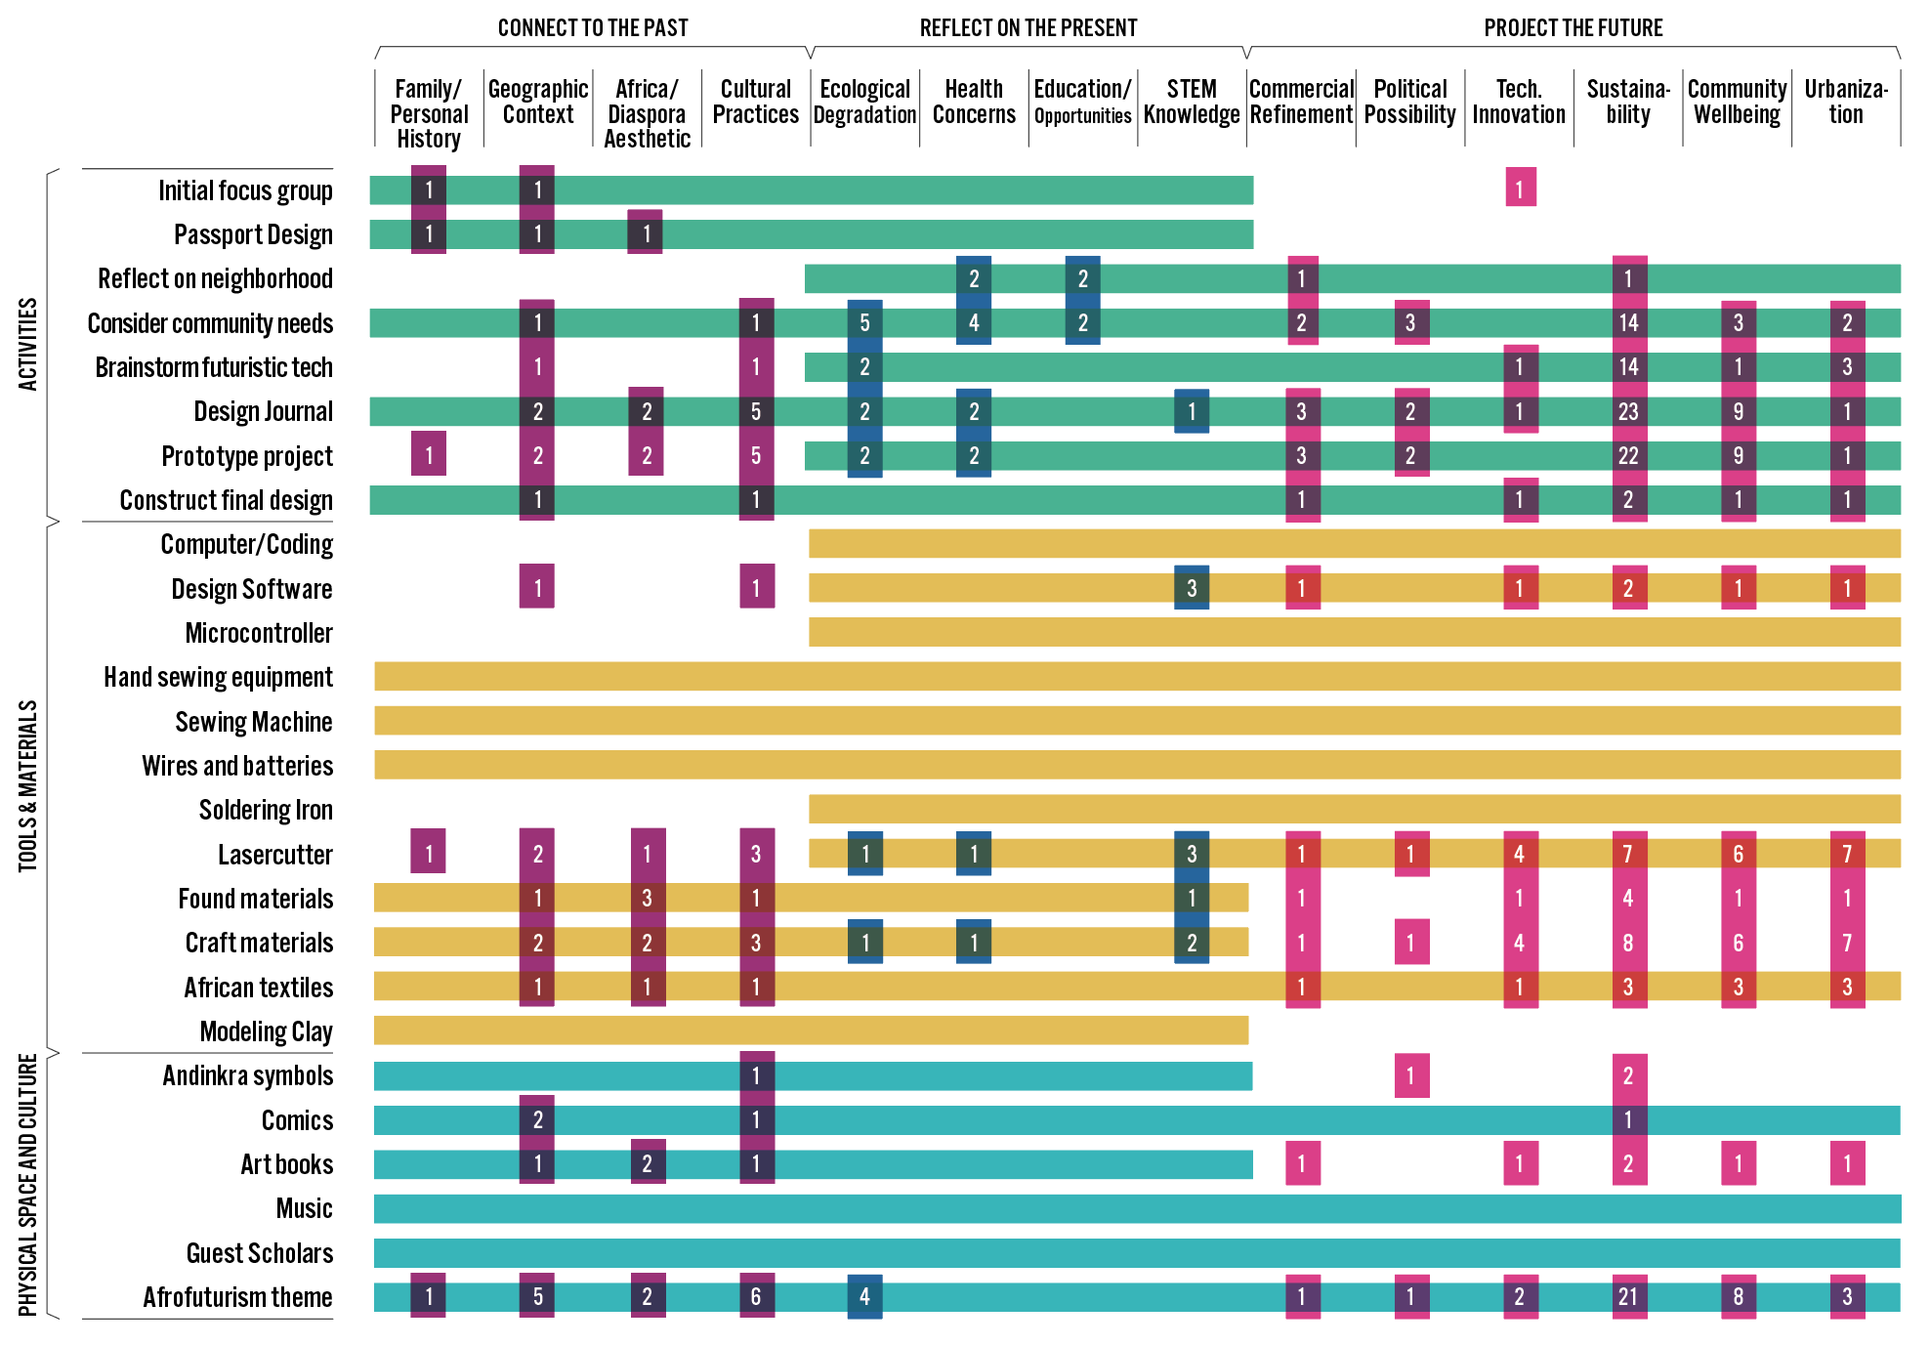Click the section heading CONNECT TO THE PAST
[x=593, y=28]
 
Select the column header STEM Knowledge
[x=1192, y=103]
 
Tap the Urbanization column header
[x=1846, y=103]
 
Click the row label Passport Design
[x=253, y=235]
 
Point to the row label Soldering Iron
[x=266, y=811]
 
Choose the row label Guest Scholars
[x=260, y=1253]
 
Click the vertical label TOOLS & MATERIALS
[x=28, y=786]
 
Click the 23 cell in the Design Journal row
[x=1628, y=411]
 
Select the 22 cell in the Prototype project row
[x=1628, y=456]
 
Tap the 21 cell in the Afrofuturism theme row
[x=1628, y=1297]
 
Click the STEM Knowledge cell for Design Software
[x=1192, y=588]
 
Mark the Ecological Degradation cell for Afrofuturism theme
[x=864, y=1297]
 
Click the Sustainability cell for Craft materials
[x=1628, y=943]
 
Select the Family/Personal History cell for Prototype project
[x=429, y=454]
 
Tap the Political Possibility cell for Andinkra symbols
[x=1410, y=1075]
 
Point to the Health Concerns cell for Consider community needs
[x=974, y=322]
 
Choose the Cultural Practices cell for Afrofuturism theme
[x=756, y=1297]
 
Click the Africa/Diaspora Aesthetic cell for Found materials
[x=647, y=898]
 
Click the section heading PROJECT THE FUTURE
[x=1573, y=28]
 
